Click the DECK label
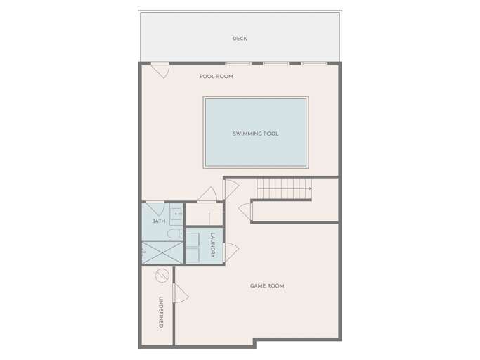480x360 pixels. (x=240, y=39)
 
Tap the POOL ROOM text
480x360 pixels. (x=216, y=77)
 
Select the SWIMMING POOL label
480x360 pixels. (x=256, y=134)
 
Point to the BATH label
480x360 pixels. (x=159, y=221)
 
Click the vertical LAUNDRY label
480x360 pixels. (x=213, y=245)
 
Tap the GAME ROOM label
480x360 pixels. (x=267, y=286)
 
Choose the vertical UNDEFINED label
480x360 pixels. (x=161, y=312)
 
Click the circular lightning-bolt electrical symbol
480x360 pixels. (x=162, y=276)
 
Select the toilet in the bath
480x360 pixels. (x=175, y=233)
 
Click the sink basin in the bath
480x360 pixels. (x=176, y=213)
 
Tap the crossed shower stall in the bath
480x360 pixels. (x=162, y=252)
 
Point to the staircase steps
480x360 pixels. (x=285, y=188)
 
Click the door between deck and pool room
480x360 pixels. (x=160, y=70)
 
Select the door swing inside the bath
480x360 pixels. (x=155, y=208)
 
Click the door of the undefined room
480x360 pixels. (x=181, y=293)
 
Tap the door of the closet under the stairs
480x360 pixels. (x=245, y=212)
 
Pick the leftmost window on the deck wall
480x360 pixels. (x=238, y=63)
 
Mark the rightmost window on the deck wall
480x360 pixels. (x=314, y=63)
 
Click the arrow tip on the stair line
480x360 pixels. (x=311, y=188)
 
